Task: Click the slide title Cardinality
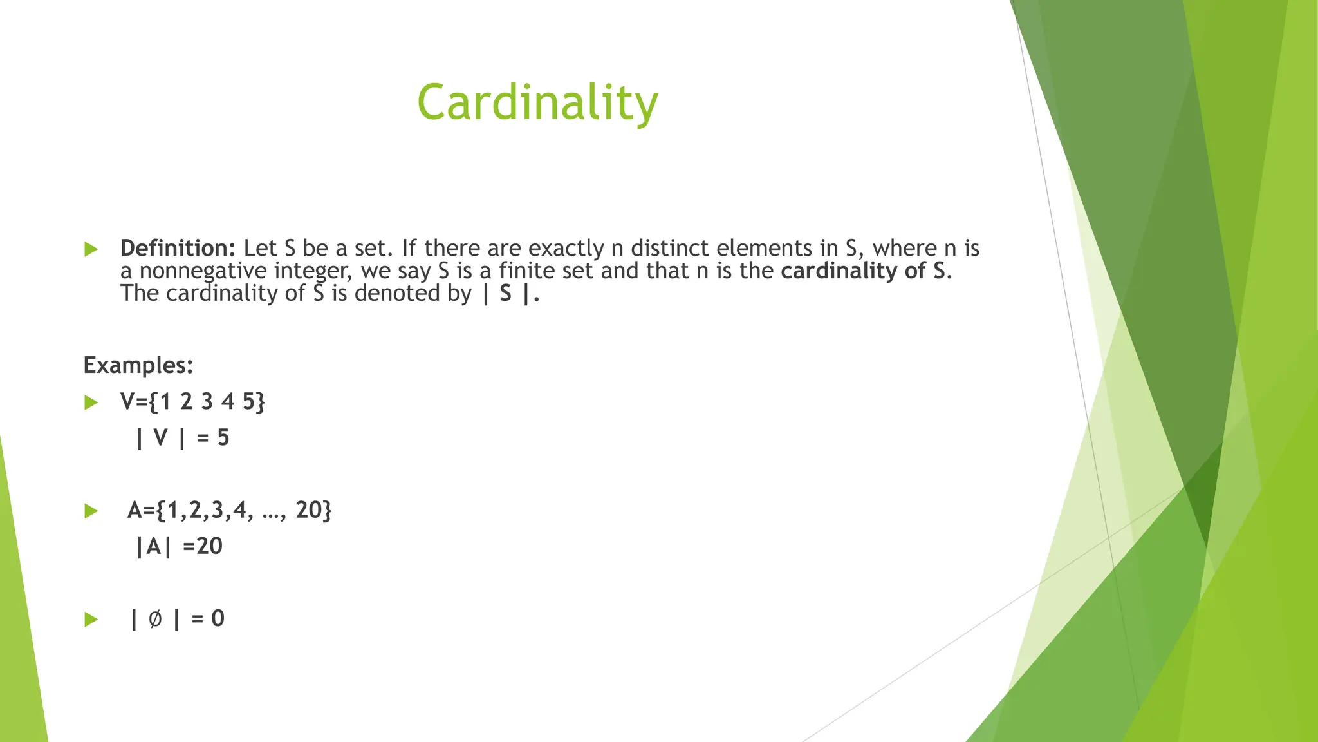(537, 103)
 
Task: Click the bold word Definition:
(178, 249)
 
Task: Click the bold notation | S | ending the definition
(508, 294)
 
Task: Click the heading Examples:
(138, 365)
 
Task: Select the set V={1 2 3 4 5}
(192, 402)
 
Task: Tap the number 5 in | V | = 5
(223, 438)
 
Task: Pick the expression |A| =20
(179, 546)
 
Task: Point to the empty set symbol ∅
(154, 619)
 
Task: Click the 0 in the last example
(218, 619)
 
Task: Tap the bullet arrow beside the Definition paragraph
(91, 249)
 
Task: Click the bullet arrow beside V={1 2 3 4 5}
(91, 403)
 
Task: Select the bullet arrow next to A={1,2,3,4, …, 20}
(91, 511)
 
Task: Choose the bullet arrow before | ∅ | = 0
(91, 620)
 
